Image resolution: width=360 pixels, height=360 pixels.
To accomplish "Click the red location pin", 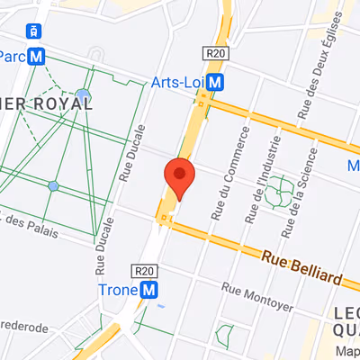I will (178, 177).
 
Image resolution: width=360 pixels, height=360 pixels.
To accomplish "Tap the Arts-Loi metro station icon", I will (215, 83).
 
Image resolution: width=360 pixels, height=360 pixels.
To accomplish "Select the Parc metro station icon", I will (37, 56).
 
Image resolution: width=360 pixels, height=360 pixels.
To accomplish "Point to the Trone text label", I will (117, 290).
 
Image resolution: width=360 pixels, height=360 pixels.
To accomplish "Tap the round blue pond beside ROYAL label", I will (84, 94).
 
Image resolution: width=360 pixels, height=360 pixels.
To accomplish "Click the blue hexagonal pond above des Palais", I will (53, 185).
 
